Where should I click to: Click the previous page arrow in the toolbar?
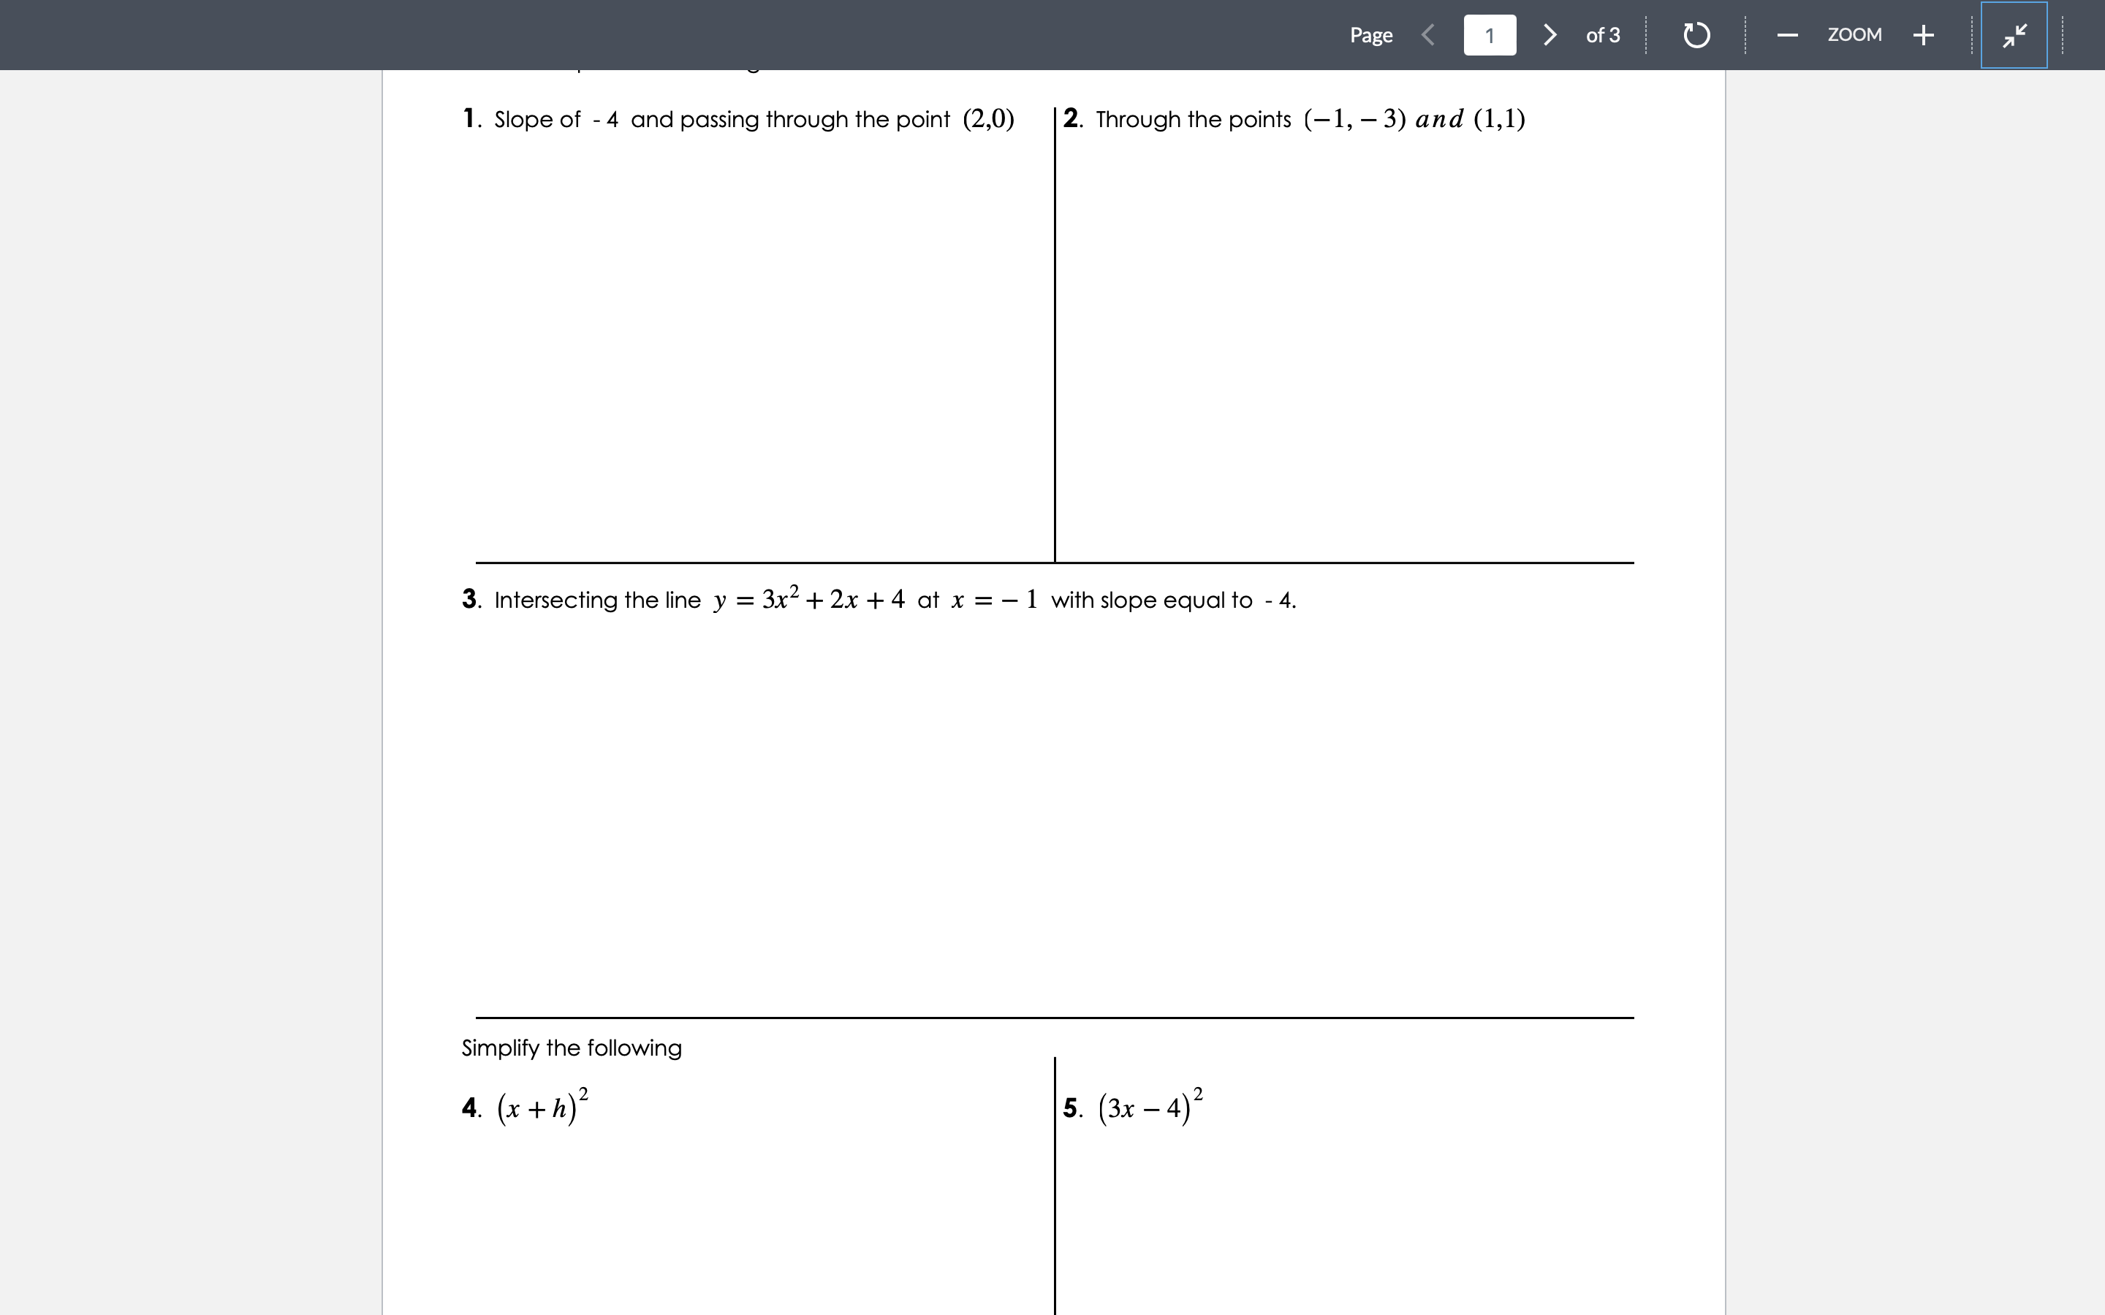pos(1427,35)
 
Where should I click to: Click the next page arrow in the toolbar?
pos(1550,35)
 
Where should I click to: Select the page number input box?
pos(1489,35)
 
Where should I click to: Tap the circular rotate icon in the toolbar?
pos(1696,35)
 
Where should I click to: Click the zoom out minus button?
pos(1788,35)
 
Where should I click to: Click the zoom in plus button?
pos(1923,35)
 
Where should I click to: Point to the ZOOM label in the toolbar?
pos(1854,35)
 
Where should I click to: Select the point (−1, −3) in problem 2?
pos(1354,118)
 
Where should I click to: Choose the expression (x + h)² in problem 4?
pos(542,1107)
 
